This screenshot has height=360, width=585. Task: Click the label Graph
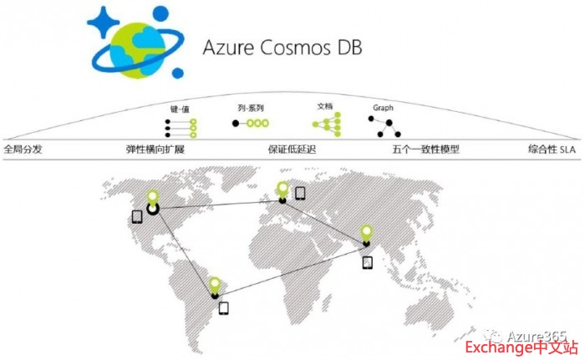click(x=383, y=109)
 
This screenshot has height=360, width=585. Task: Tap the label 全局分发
click(x=23, y=150)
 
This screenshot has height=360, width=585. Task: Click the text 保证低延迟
click(x=292, y=150)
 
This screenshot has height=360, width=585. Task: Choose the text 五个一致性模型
click(x=425, y=150)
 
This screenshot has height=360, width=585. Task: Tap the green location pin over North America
click(x=153, y=197)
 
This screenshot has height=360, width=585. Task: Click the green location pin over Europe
click(x=283, y=188)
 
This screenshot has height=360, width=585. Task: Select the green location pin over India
click(x=367, y=232)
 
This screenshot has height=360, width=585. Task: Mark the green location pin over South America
click(x=215, y=284)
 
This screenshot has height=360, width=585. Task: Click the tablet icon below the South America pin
click(x=223, y=307)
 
